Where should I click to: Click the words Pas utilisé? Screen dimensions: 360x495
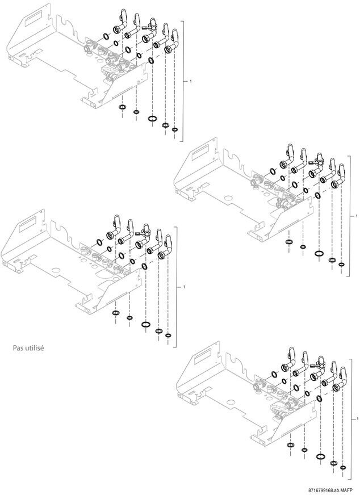[x=28, y=349]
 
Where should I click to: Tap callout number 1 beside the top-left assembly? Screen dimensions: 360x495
[x=190, y=81]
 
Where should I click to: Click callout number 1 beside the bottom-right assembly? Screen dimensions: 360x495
[x=357, y=419]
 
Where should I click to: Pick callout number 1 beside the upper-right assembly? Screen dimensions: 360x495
[x=357, y=216]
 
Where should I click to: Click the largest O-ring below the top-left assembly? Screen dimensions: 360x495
[x=153, y=119]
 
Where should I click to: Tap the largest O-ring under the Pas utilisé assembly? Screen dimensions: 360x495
[x=145, y=324]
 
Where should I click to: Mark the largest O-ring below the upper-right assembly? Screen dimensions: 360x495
[x=319, y=254]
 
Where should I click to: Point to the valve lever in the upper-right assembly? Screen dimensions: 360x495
[x=313, y=163]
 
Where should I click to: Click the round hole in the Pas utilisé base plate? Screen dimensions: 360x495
[x=56, y=271]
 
